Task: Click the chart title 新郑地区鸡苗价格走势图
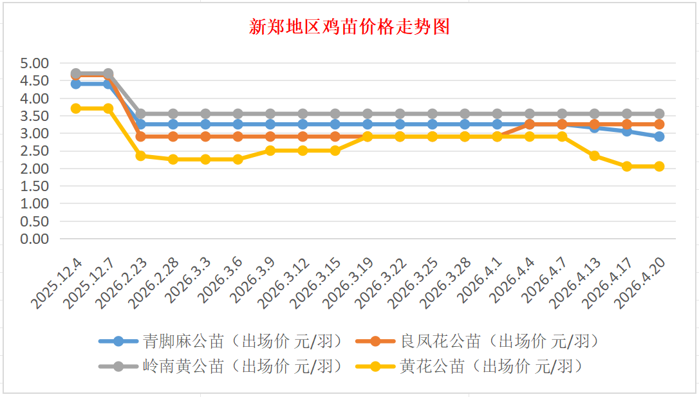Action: (349, 27)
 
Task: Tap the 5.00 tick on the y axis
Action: (34, 64)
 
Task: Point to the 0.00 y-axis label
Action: (34, 239)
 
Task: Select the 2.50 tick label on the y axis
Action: (34, 151)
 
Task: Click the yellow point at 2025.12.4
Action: (76, 108)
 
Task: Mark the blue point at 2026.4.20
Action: (659, 136)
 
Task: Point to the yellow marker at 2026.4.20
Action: (659, 166)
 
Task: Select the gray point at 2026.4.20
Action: (659, 113)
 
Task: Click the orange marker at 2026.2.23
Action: (141, 136)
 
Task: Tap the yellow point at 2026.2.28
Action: (173, 159)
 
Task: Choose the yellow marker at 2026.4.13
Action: (594, 156)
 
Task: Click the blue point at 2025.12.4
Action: (76, 84)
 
